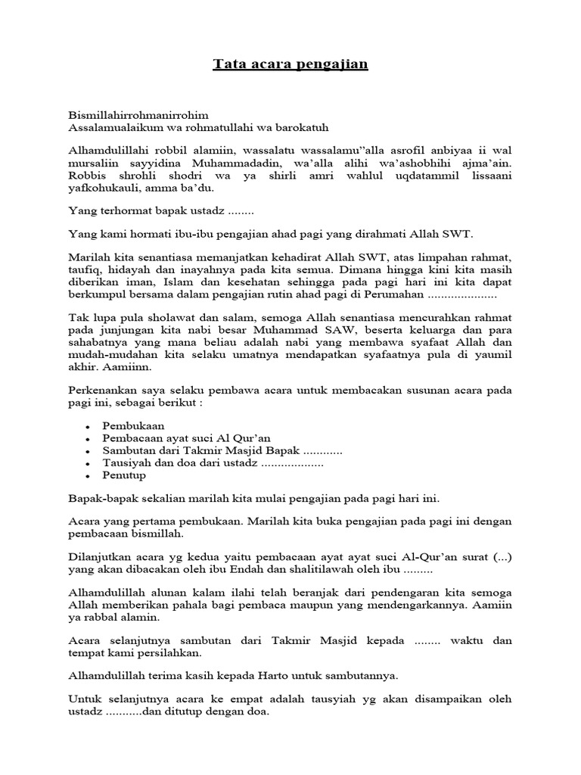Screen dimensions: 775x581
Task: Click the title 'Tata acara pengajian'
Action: [x=290, y=64]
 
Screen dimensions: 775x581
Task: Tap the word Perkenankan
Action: [x=104, y=390]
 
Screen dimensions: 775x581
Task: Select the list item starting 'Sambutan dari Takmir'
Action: [x=205, y=451]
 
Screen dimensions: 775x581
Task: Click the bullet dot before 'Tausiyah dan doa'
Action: [x=89, y=463]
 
